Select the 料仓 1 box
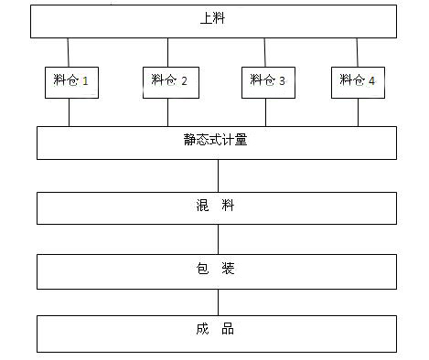point(70,80)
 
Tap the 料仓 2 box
point(167,80)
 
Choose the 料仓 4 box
point(358,80)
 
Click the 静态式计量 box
point(216,142)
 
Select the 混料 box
point(216,207)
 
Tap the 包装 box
point(216,270)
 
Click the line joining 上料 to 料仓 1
point(69,51)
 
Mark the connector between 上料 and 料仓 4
point(358,51)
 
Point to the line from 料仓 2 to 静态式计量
point(167,111)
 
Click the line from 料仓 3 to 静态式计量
point(266,111)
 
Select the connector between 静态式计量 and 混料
point(217,175)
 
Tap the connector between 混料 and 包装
point(217,239)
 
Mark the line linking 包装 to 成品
point(217,302)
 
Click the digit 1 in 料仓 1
point(85,81)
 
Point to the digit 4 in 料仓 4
point(372,81)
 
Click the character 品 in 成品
point(228,329)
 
